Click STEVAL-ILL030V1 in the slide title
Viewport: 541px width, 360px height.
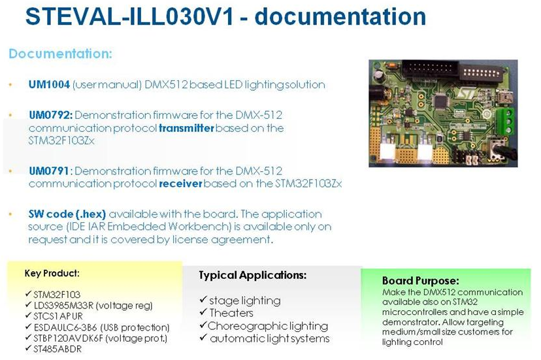[130, 16]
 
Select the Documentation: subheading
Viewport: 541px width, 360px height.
[60, 54]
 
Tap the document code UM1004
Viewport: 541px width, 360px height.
[50, 84]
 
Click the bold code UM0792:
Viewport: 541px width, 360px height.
[51, 115]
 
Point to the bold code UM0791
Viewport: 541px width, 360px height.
[49, 171]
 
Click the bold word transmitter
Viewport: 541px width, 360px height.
[186, 128]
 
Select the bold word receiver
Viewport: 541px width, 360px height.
[180, 184]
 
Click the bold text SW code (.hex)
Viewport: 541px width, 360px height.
[67, 214]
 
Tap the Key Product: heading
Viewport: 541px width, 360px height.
[52, 273]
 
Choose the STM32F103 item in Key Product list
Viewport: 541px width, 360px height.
[57, 295]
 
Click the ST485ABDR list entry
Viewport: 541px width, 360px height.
[57, 349]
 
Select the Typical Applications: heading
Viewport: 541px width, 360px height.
[253, 275]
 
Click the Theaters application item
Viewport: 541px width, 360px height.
[231, 313]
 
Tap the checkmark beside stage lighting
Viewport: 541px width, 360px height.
[203, 299]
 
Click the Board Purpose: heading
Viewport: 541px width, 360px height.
[420, 280]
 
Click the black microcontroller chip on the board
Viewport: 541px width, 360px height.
[441, 101]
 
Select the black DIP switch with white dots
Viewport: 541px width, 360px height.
[481, 73]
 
